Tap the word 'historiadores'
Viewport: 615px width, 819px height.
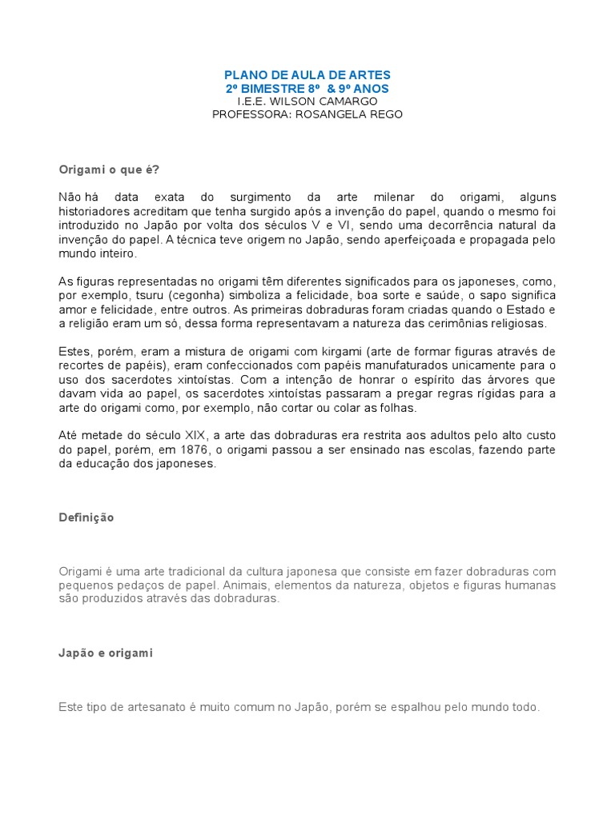click(94, 211)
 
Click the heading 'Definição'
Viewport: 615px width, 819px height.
click(86, 517)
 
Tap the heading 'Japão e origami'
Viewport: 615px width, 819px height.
click(105, 653)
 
